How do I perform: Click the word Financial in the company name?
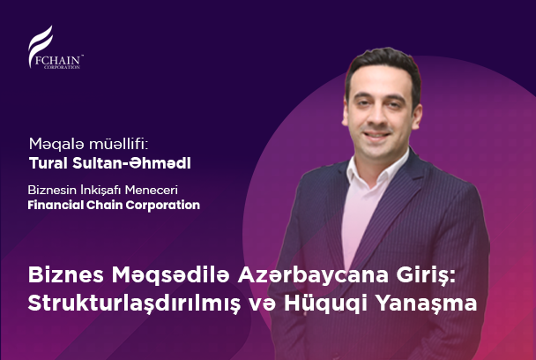(x=55, y=205)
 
